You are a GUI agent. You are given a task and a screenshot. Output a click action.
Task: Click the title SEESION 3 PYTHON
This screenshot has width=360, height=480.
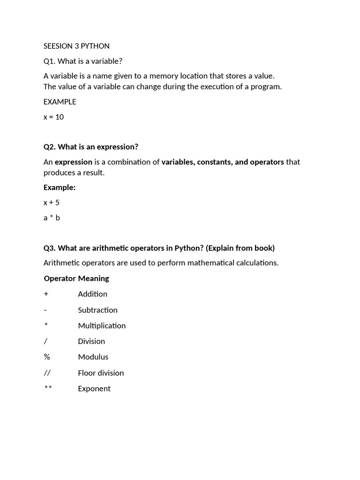pos(76,46)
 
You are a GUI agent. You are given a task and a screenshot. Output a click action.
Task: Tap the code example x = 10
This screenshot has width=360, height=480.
pos(53,117)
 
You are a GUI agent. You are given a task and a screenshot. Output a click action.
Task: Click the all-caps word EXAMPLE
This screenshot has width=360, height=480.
pos(60,102)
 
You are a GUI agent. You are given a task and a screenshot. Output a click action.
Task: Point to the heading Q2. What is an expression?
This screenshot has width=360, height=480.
pos(91,147)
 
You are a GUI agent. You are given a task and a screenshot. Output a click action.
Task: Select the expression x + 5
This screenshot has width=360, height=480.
pos(52,202)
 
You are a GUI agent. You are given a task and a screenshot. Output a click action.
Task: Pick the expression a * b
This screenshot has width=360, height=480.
pos(52,217)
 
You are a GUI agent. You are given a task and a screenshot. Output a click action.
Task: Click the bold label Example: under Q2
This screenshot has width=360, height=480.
pos(60,187)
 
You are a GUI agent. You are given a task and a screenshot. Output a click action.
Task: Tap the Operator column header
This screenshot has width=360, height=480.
pos(60,278)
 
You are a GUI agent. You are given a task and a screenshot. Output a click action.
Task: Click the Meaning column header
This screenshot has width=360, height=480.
pos(93,278)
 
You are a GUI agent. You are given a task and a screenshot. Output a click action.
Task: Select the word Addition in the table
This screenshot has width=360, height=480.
pos(92,294)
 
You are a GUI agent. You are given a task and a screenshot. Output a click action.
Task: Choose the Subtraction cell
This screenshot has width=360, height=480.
pos(97,310)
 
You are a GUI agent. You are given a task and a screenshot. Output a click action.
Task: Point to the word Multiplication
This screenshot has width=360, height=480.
pos(102,325)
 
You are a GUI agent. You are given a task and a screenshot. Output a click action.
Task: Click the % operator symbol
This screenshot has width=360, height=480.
pos(47,357)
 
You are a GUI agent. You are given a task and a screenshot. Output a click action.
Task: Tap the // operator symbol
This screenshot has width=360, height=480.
pos(47,373)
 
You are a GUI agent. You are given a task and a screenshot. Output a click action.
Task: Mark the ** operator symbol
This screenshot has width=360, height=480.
pos(47,389)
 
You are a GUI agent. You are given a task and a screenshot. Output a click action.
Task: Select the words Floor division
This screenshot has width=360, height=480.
pos(101,373)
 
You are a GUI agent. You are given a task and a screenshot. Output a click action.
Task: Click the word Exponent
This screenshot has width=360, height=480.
pos(94,389)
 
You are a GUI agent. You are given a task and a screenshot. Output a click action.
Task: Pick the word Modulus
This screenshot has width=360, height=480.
pos(93,357)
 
